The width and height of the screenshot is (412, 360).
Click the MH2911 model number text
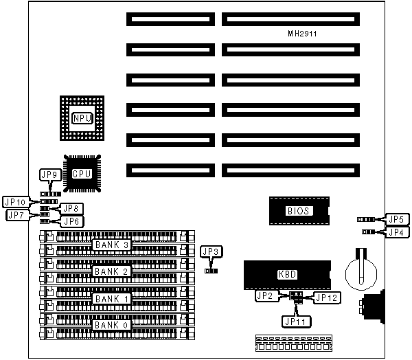[x=302, y=33]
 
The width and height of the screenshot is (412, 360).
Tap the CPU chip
[x=82, y=174]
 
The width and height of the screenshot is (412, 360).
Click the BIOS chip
[x=298, y=211]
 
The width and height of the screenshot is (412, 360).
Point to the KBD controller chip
[x=287, y=273]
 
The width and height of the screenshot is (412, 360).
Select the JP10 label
[x=15, y=202]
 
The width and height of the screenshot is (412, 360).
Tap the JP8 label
[x=72, y=208]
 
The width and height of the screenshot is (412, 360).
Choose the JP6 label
[x=72, y=221]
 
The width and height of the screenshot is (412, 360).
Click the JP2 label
[x=264, y=296]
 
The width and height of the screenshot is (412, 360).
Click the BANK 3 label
[x=111, y=245]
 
